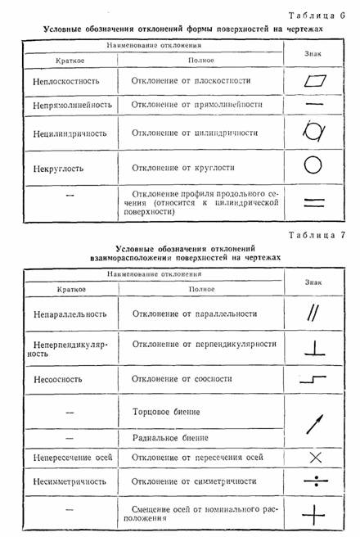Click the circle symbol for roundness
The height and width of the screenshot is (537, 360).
point(313,165)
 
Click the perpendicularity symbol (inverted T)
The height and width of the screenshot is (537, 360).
point(313,347)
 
